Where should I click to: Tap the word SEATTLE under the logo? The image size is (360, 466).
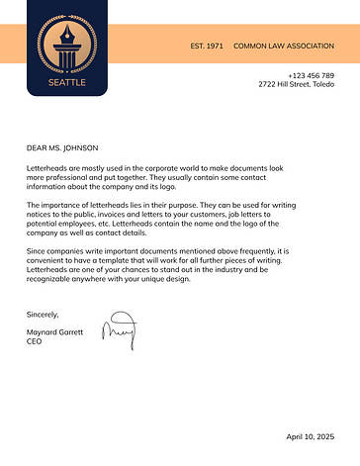pyautogui.click(x=67, y=83)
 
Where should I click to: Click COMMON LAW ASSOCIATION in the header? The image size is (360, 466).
pyautogui.click(x=284, y=47)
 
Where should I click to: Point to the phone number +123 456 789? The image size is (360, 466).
pyautogui.click(x=311, y=75)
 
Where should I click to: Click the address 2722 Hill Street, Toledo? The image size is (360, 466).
pyautogui.click(x=296, y=84)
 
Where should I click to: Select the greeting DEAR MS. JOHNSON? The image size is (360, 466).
pyautogui.click(x=63, y=147)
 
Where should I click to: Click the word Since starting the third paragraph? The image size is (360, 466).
pyautogui.click(x=37, y=251)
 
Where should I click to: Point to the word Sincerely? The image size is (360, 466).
pyautogui.click(x=43, y=314)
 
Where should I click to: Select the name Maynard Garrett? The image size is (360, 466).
pyautogui.click(x=55, y=331)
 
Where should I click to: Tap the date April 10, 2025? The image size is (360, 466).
pyautogui.click(x=310, y=436)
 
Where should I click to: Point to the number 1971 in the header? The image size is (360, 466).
pyautogui.click(x=215, y=47)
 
